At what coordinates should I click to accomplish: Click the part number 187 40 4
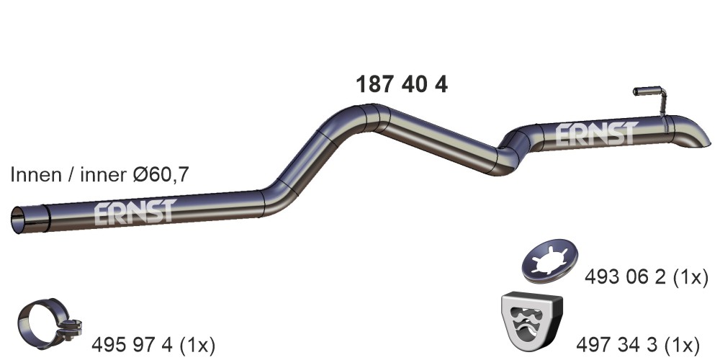pos(402,84)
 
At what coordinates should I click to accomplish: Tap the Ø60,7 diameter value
pos(161,175)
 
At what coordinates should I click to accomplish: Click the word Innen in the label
pos(34,175)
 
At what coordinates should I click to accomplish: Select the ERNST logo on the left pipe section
pos(135,212)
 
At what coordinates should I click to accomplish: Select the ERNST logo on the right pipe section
pos(596,134)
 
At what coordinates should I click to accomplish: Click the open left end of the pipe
pos(19,220)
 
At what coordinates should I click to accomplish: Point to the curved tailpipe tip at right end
pos(693,132)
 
